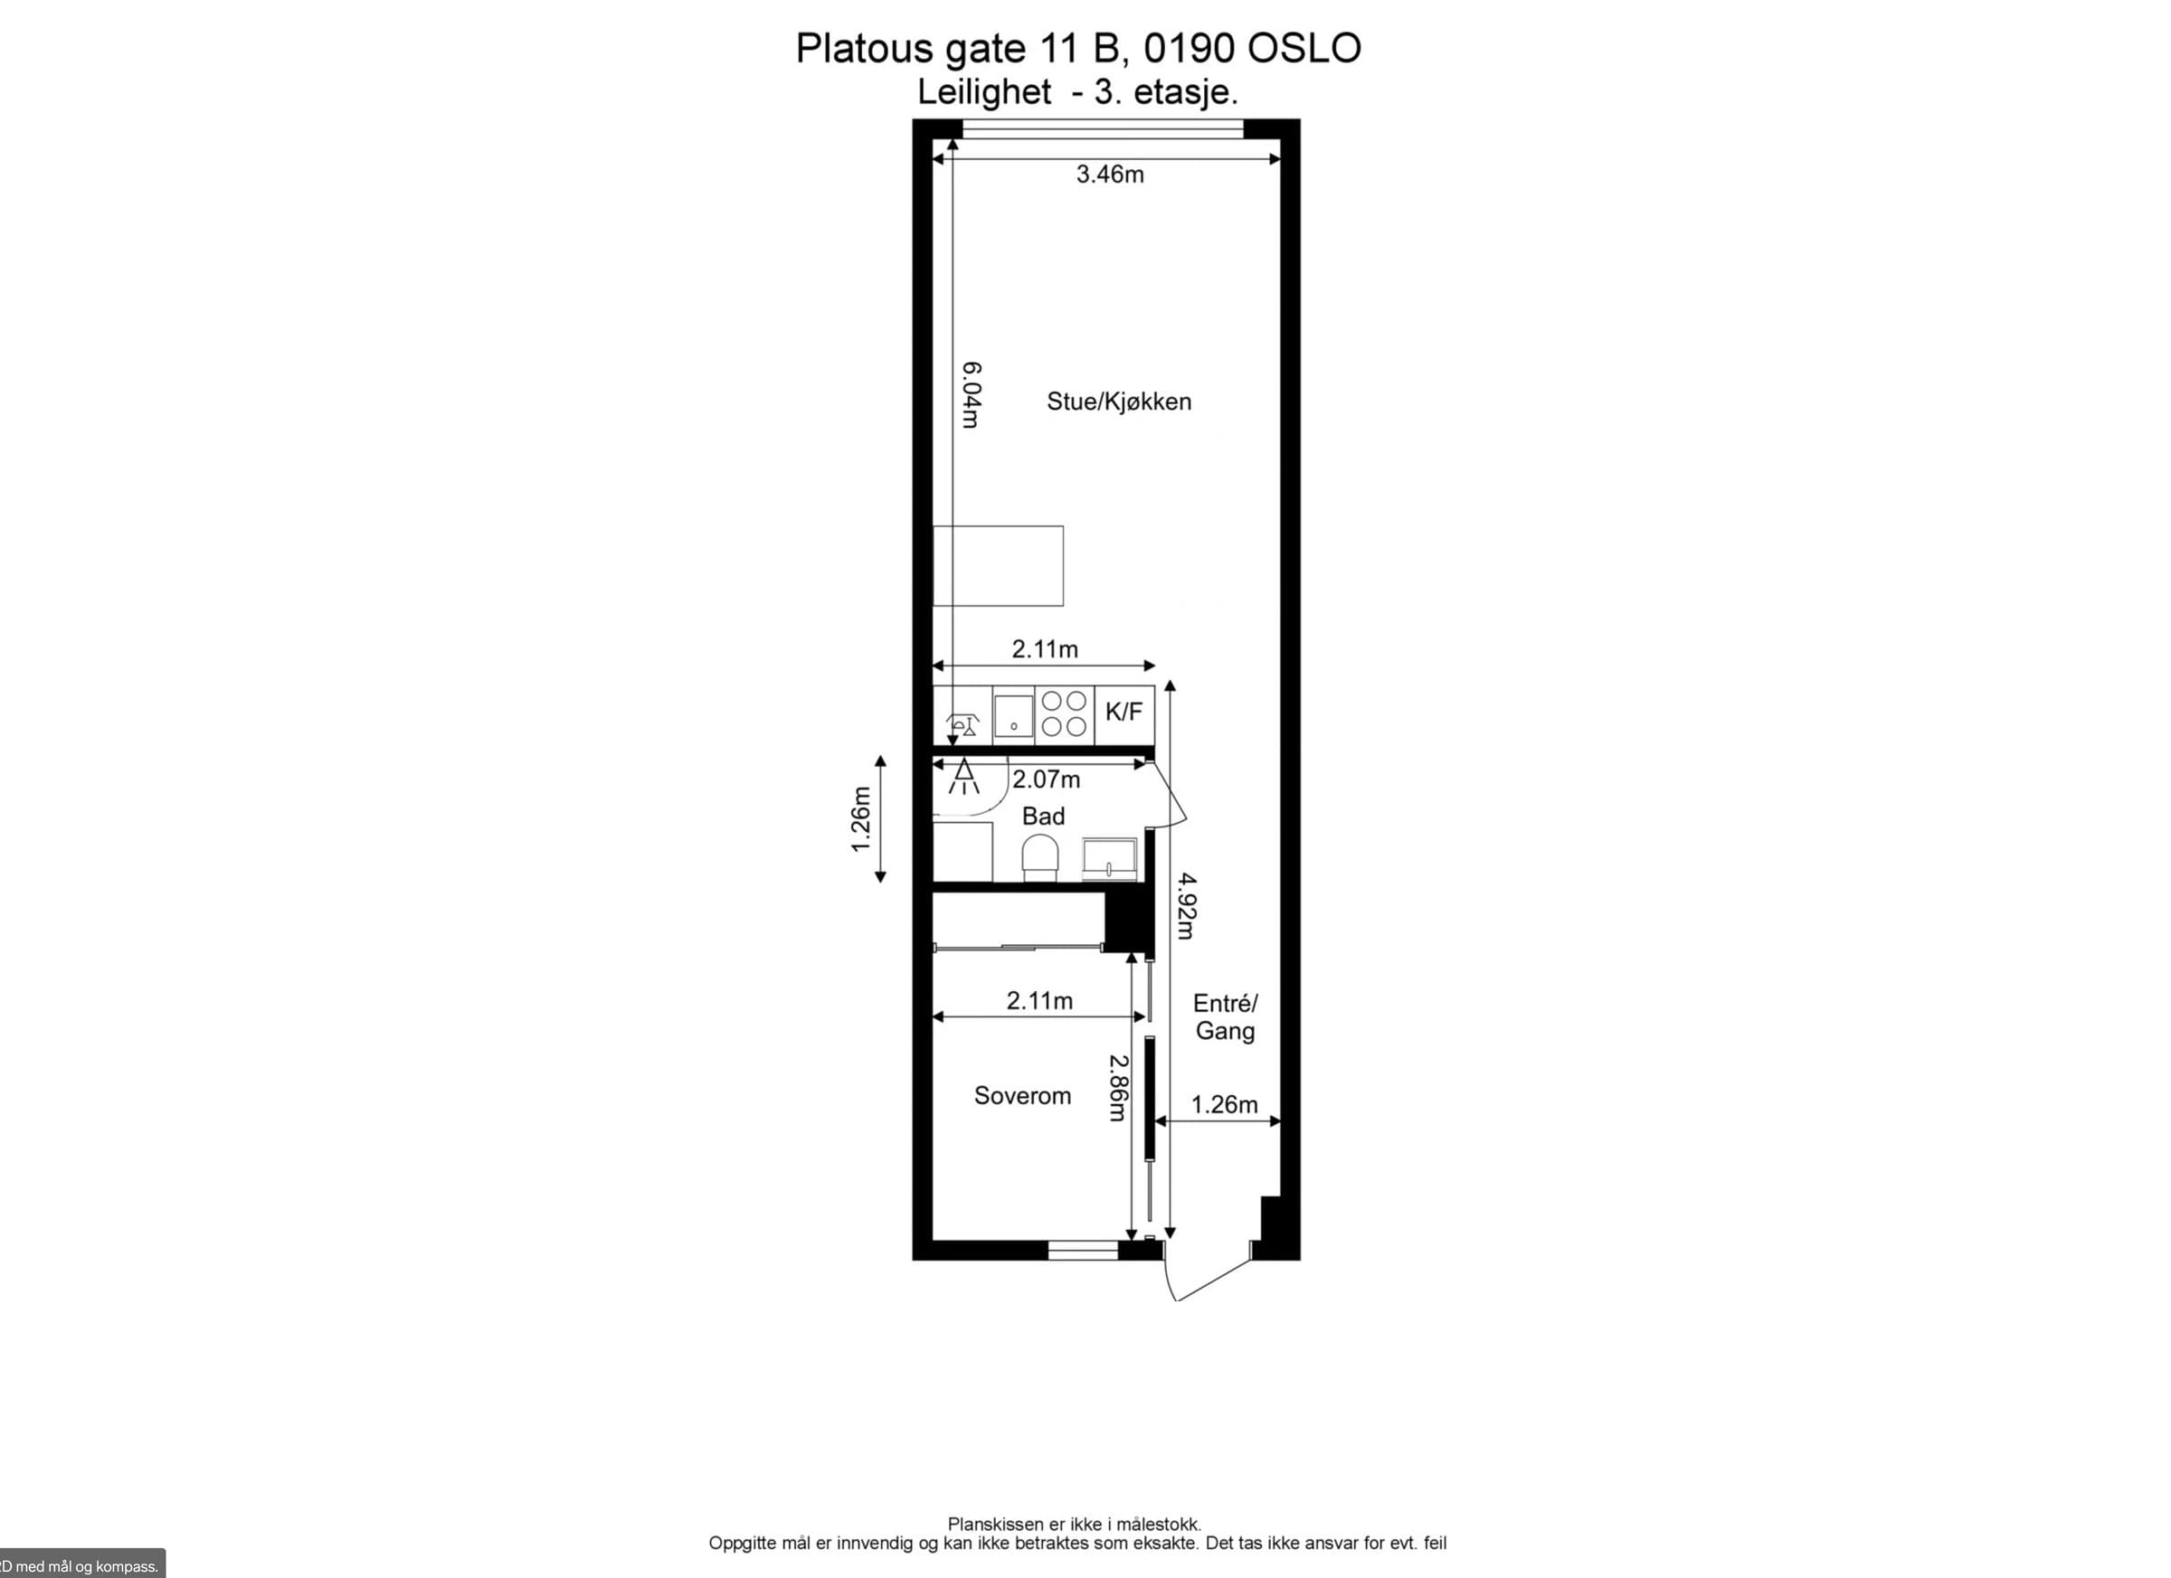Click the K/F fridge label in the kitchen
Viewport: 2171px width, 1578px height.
(1123, 712)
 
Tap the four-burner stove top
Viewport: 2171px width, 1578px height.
(1065, 713)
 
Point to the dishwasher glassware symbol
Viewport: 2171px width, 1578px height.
(963, 725)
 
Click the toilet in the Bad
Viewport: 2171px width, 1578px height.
(1040, 857)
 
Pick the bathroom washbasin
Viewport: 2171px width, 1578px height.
(1111, 858)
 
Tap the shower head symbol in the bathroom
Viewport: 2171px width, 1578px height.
(963, 776)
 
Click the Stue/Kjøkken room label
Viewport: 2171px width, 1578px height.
(1119, 402)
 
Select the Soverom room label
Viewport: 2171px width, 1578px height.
(1022, 1096)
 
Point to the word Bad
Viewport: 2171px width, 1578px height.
(1043, 817)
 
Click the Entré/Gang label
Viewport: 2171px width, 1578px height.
(1225, 1017)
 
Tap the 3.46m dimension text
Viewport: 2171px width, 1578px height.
(1111, 175)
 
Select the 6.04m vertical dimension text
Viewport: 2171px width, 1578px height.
(971, 394)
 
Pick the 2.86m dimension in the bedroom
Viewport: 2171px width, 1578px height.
(1118, 1087)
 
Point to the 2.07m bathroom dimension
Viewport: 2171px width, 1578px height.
(1047, 780)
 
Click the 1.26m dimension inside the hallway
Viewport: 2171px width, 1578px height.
(1224, 1105)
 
